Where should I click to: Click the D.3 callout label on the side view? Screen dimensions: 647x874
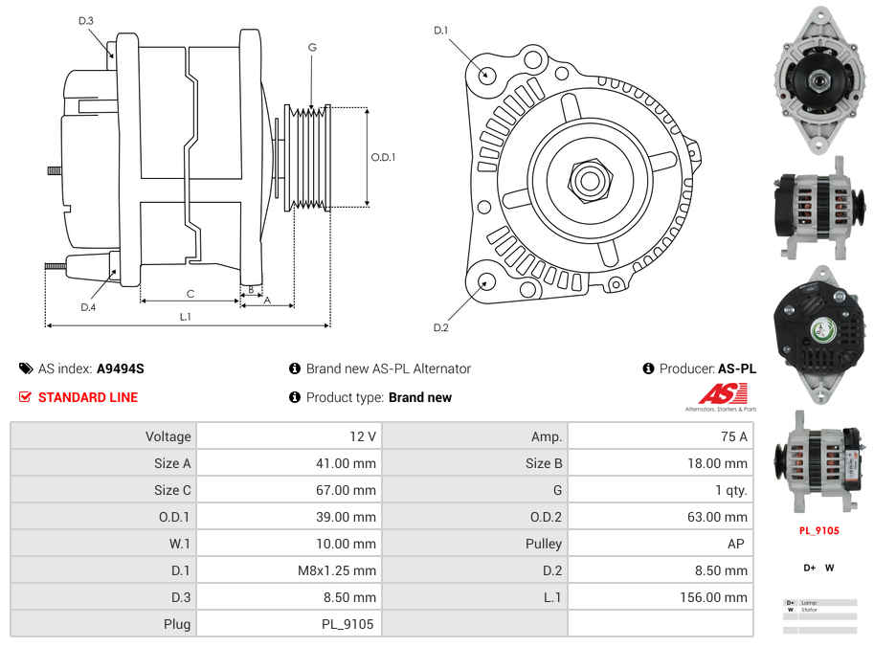coord(86,20)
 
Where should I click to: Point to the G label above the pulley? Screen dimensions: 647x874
coord(312,47)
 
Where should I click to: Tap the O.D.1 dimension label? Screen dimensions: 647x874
coord(383,158)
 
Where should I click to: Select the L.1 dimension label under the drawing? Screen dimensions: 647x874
coord(186,316)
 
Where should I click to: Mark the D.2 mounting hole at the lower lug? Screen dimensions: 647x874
coord(485,281)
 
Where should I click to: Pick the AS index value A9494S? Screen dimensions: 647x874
coord(120,368)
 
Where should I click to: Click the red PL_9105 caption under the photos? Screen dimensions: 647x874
coord(818,530)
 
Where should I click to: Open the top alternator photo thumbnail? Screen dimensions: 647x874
coord(818,80)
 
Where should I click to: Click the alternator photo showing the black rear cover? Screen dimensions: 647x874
coord(818,328)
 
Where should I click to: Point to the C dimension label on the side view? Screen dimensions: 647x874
coord(190,294)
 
